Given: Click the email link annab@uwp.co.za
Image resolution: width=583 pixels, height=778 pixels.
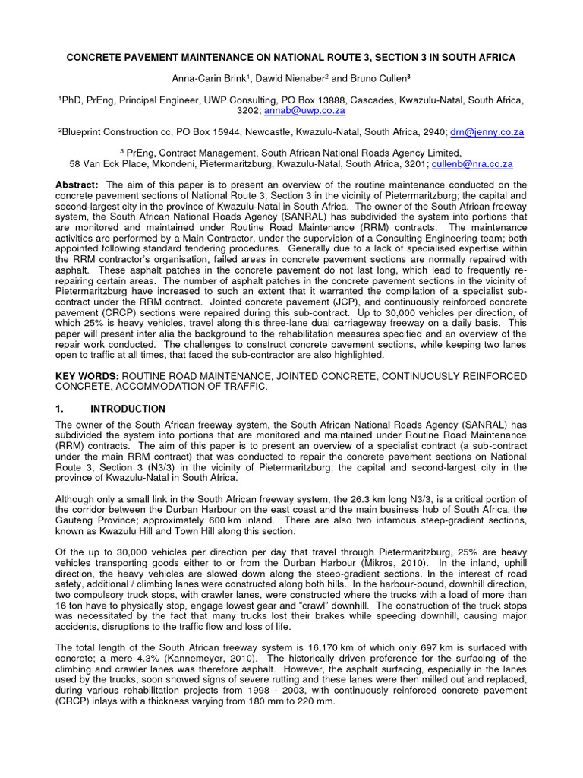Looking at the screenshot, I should tap(304, 111).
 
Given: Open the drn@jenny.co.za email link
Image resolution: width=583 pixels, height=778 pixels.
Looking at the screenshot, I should tap(487, 131).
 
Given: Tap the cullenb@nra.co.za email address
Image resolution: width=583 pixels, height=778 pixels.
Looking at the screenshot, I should tap(472, 163).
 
